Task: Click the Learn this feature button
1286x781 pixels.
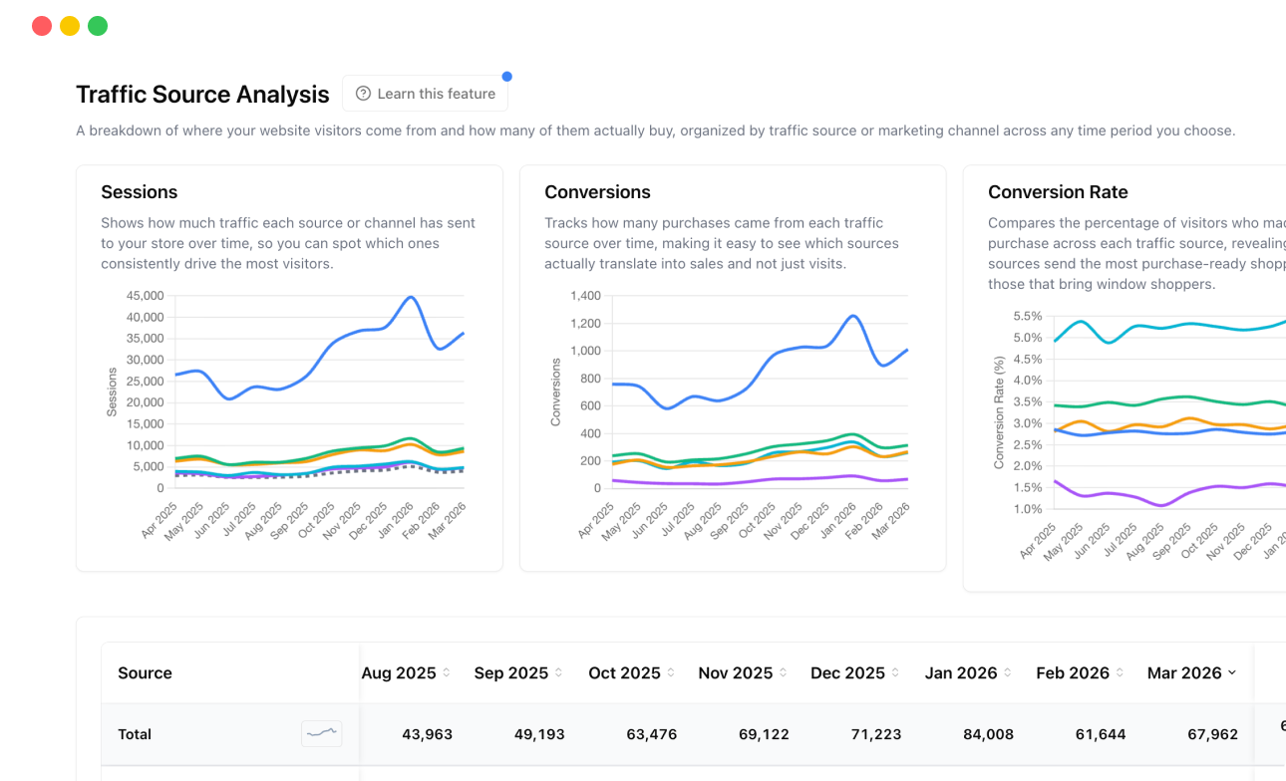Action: (425, 94)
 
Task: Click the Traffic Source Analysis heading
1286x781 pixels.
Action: (202, 95)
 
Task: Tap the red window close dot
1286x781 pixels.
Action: (42, 26)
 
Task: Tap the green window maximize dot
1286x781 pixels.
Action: (98, 26)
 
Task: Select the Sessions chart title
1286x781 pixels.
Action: (140, 192)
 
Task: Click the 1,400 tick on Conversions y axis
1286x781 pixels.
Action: (586, 296)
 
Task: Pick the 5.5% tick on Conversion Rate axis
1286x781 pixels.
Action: (1027, 316)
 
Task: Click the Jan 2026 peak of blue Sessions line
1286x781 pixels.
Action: (410, 297)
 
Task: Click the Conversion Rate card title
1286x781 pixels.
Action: (1058, 192)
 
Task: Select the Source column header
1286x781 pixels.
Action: (145, 673)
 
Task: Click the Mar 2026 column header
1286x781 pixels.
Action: (1185, 673)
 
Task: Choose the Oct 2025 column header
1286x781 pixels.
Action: (625, 673)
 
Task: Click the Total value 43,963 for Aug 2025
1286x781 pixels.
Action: (427, 734)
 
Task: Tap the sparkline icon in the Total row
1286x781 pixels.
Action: (321, 734)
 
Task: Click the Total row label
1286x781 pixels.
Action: (135, 734)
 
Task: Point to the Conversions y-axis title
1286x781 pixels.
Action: (556, 392)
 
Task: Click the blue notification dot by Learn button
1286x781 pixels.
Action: (506, 77)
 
